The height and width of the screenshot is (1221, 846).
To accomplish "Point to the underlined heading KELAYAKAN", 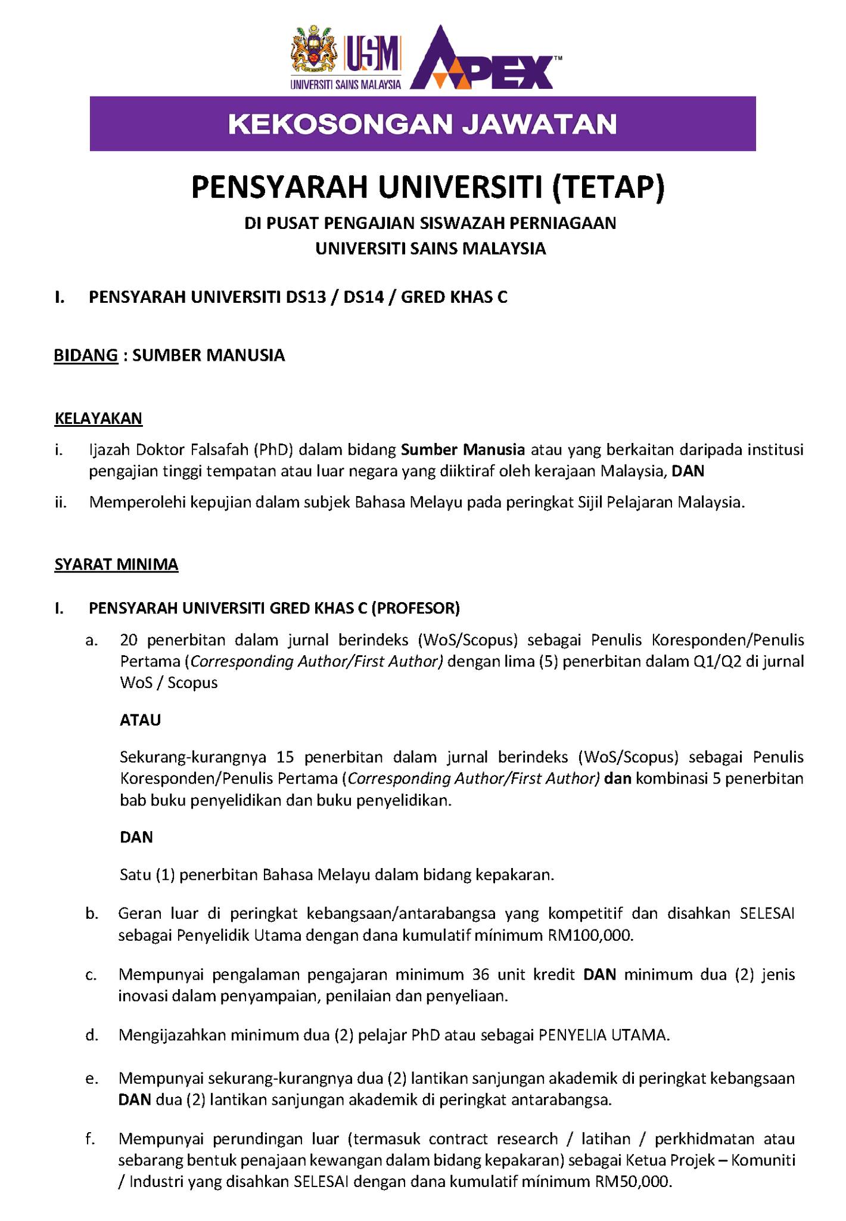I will tap(98, 419).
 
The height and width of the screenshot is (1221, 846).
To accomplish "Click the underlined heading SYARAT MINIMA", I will tap(116, 564).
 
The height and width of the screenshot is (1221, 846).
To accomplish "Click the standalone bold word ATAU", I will tap(141, 720).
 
